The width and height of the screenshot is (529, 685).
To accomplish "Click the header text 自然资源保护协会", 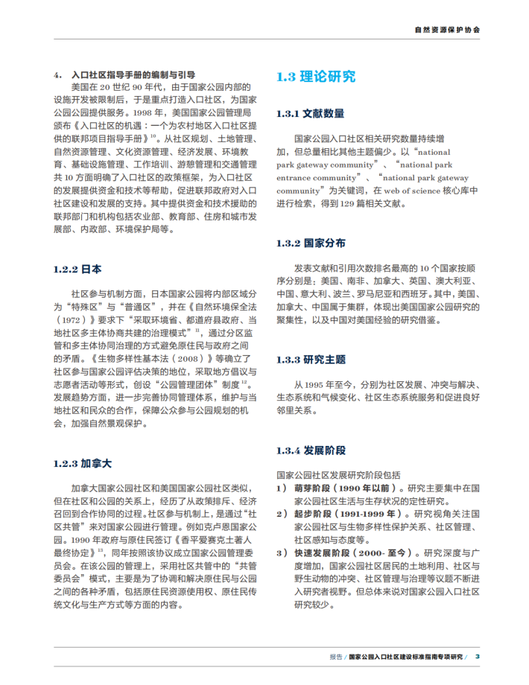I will tap(447, 31).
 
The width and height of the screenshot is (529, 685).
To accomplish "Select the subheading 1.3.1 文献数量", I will tap(310, 113).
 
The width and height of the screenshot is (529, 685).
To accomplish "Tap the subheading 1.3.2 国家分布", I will tap(310, 243).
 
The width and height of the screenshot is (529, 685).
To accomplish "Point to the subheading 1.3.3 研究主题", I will tap(311, 360).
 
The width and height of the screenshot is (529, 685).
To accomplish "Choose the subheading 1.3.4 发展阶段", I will tap(311, 450).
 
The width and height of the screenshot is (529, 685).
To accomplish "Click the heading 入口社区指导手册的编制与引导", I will tap(133, 74).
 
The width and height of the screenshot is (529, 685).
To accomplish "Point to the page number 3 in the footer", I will tap(478, 656).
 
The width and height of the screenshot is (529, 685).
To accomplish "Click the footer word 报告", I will tap(336, 657).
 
